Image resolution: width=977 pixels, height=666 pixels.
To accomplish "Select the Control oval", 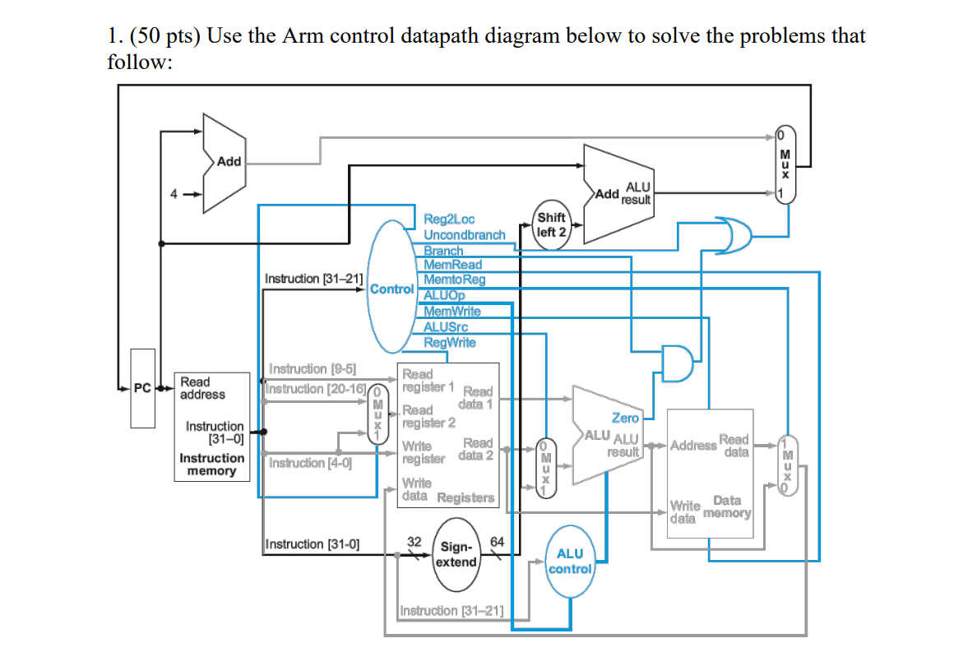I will [x=391, y=289].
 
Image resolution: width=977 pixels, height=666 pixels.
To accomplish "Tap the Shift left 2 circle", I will [x=550, y=224].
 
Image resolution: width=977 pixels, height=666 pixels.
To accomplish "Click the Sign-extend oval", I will [x=456, y=555].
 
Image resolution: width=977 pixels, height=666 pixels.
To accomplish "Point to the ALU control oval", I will [x=570, y=562].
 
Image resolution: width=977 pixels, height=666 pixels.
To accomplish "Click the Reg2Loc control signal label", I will [x=449, y=220].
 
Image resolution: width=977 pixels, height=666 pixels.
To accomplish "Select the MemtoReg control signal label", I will [x=454, y=280].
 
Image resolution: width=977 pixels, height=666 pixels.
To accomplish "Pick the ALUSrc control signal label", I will [x=445, y=327].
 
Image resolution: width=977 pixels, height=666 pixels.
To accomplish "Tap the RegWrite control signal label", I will [x=449, y=343].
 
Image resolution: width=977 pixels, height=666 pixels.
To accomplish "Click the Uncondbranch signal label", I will [x=464, y=235].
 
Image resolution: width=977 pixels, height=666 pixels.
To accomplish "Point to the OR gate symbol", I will [x=732, y=235].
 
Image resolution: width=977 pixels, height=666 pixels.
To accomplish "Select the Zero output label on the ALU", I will [x=625, y=419].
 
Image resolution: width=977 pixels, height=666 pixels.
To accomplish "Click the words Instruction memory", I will [x=211, y=465].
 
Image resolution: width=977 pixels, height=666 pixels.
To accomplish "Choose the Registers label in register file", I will [x=465, y=497].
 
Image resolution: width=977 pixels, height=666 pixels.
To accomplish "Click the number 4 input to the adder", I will [x=174, y=195].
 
